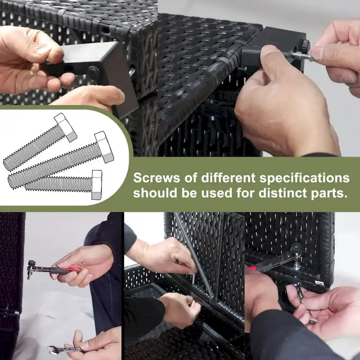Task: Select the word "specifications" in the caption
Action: click(305, 178)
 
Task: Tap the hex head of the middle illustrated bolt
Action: click(104, 147)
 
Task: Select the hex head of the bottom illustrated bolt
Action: click(97, 184)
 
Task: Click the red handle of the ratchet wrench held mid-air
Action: click(63, 270)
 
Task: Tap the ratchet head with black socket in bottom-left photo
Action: click(31, 267)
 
